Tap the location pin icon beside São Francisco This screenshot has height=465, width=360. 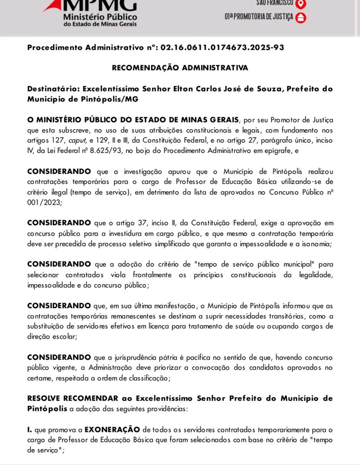[x=300, y=3]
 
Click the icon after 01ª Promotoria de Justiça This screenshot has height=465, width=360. [x=300, y=18]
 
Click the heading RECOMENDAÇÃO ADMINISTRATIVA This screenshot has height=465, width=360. [x=180, y=68]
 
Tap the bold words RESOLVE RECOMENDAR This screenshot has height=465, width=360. [x=73, y=398]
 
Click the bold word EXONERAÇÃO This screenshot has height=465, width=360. [x=112, y=429]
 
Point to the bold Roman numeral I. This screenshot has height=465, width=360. [x=30, y=429]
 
